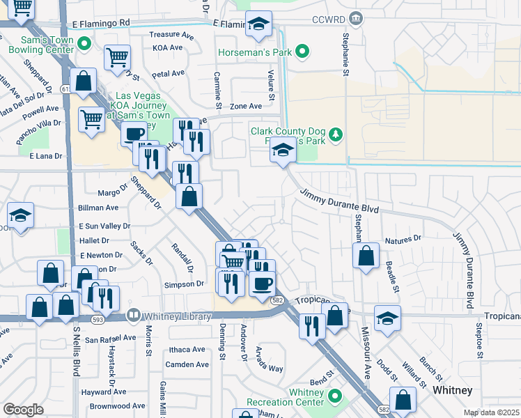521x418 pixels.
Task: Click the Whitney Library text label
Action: [x=178, y=316]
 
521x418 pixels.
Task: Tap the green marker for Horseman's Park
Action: [x=302, y=51]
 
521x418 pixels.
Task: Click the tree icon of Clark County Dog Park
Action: [x=336, y=133]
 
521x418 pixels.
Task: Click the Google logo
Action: [x=23, y=410]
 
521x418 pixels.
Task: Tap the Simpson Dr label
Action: [x=184, y=284]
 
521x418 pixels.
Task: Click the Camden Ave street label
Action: [x=187, y=364]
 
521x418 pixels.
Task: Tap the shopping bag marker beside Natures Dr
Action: [x=366, y=256]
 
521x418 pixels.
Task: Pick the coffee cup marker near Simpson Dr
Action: [x=262, y=284]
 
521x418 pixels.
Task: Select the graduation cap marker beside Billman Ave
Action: [x=20, y=216]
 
